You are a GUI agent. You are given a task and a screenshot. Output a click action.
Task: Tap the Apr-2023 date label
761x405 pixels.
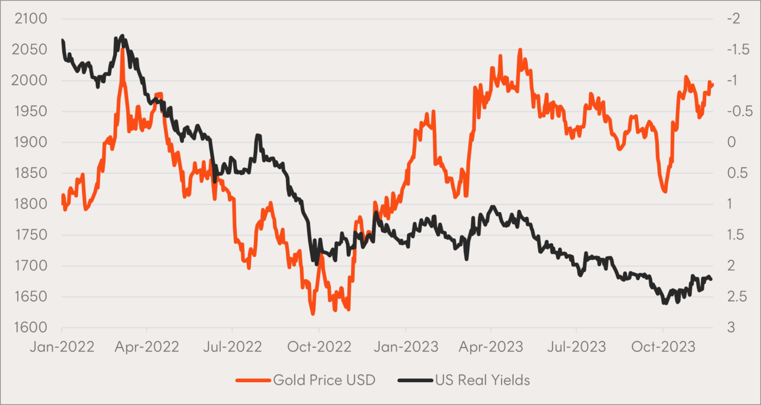pos(491,346)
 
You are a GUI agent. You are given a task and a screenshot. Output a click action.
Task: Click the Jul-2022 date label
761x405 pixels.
pos(233,346)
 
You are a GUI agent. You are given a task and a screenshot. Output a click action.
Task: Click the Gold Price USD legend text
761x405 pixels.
pos(324,380)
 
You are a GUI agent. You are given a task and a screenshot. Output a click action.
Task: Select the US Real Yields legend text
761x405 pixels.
pos(482,380)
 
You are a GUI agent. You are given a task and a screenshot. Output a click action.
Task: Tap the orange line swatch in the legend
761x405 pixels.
pos(252,380)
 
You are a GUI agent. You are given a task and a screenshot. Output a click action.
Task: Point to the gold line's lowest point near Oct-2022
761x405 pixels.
pos(313,314)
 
